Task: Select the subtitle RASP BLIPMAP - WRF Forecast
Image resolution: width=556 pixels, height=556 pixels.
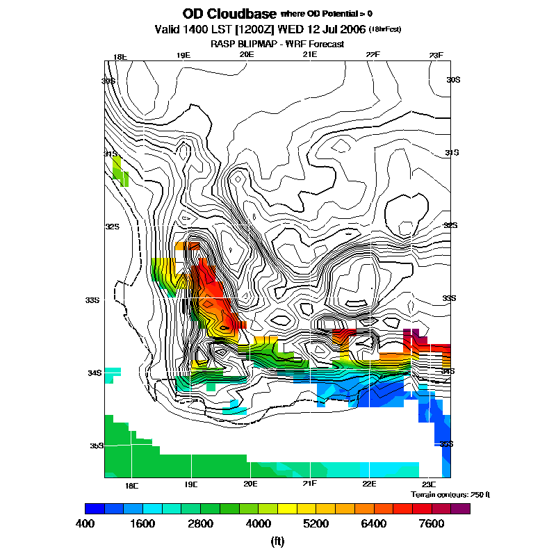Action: pyautogui.click(x=277, y=44)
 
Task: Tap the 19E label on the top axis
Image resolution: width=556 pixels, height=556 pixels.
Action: pyautogui.click(x=183, y=56)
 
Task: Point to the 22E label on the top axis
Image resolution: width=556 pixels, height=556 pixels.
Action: pyautogui.click(x=373, y=56)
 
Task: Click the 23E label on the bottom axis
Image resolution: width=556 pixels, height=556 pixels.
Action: pyautogui.click(x=429, y=484)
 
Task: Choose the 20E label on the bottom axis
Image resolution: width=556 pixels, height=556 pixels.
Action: pyautogui.click(x=250, y=484)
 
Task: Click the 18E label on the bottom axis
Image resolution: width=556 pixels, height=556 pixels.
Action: pyautogui.click(x=131, y=484)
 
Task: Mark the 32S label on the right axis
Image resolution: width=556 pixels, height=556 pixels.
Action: pyautogui.click(x=452, y=226)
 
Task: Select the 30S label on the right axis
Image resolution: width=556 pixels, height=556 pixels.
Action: pyautogui.click(x=453, y=80)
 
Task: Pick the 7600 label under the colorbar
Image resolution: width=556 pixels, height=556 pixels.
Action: pyautogui.click(x=432, y=524)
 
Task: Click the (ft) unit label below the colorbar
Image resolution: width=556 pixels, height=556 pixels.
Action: pyautogui.click(x=278, y=541)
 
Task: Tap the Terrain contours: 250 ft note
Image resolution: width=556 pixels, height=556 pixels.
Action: pyautogui.click(x=450, y=494)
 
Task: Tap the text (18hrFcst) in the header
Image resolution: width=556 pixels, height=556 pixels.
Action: pyautogui.click(x=385, y=28)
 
